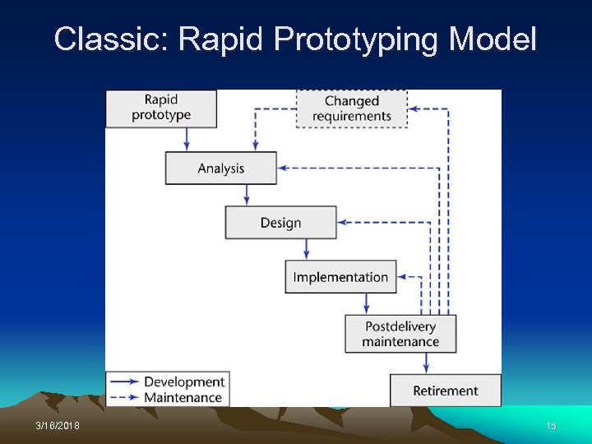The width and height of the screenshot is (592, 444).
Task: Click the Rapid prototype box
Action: click(161, 109)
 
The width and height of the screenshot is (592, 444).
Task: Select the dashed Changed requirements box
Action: click(351, 109)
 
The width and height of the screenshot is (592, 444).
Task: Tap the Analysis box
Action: click(220, 169)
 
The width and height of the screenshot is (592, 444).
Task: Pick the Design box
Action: click(280, 223)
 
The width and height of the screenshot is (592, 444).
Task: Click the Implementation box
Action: click(340, 277)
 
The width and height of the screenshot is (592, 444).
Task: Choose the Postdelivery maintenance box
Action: click(400, 334)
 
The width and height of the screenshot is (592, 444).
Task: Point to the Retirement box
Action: click(445, 391)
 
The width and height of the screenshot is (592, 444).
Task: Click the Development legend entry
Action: click(183, 382)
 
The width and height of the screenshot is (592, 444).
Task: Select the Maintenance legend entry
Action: click(183, 397)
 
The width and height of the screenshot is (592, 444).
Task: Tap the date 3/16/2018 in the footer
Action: click(58, 426)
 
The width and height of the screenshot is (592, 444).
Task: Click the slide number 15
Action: click(551, 426)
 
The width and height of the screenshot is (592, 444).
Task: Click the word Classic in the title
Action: click(110, 39)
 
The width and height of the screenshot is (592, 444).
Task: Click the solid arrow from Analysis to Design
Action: click(247, 195)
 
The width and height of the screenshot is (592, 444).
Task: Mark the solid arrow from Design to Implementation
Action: click(307, 250)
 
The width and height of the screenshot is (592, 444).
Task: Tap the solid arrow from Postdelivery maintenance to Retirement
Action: click(427, 363)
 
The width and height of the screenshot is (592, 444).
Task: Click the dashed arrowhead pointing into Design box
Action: click(343, 222)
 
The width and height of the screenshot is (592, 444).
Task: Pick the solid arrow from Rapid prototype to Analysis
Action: click(187, 139)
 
